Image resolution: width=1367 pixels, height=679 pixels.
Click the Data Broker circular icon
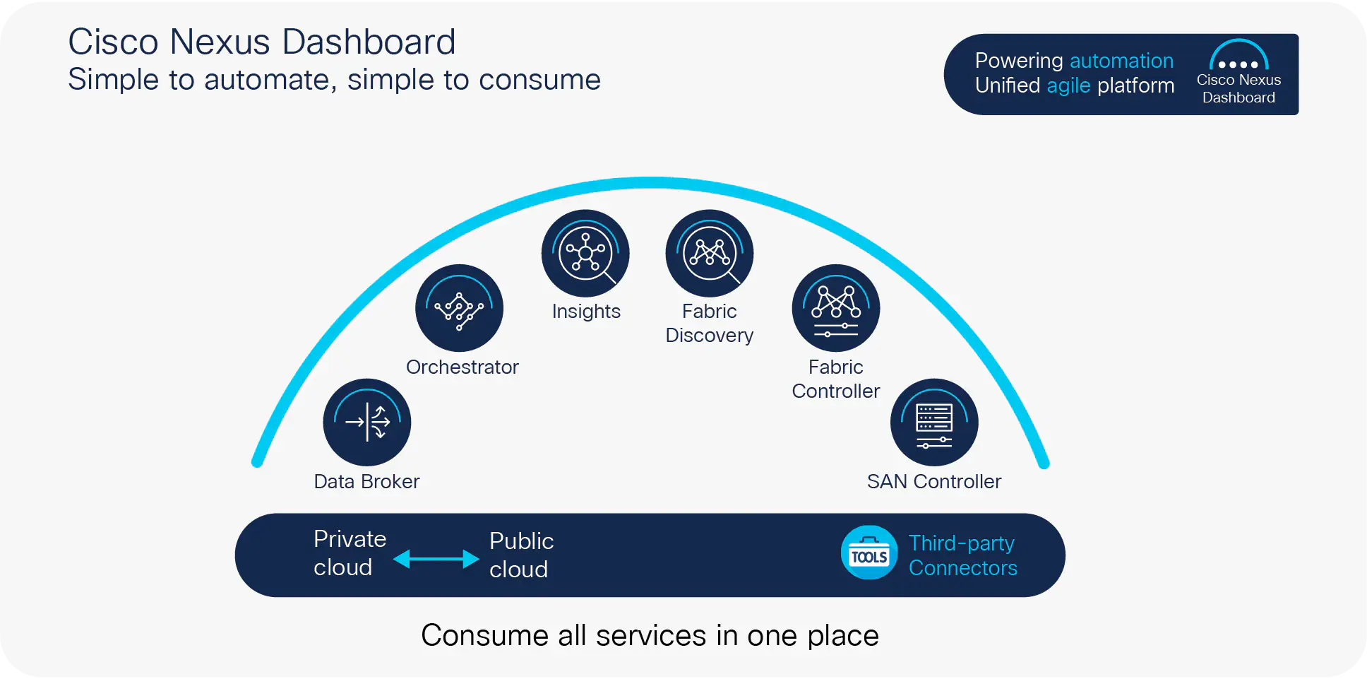366,423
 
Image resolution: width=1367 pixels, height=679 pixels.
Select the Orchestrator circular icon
459,308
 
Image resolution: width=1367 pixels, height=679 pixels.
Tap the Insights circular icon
585,253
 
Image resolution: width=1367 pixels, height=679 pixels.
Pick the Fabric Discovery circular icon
710,253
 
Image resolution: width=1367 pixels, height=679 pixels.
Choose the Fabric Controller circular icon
836,308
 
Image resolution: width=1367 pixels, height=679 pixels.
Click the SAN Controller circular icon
934,423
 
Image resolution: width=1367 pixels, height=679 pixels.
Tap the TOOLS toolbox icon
869,553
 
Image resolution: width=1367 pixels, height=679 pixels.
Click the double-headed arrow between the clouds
436,559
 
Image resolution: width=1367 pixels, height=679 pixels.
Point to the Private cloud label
350,553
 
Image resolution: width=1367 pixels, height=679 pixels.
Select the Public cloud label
521,555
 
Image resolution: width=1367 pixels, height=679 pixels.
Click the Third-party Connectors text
962,555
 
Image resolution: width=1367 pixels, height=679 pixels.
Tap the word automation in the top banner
1121,61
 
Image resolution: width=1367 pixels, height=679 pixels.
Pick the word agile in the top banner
1068,85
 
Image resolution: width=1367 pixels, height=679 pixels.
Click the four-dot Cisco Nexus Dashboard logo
1238,57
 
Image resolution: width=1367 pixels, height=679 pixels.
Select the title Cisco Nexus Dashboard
262,42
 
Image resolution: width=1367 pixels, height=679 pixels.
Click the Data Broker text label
366,481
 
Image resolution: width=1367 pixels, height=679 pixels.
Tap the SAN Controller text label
934,481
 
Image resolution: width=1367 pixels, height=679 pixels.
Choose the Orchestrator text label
462,367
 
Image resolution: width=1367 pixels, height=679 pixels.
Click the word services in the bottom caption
650,635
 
